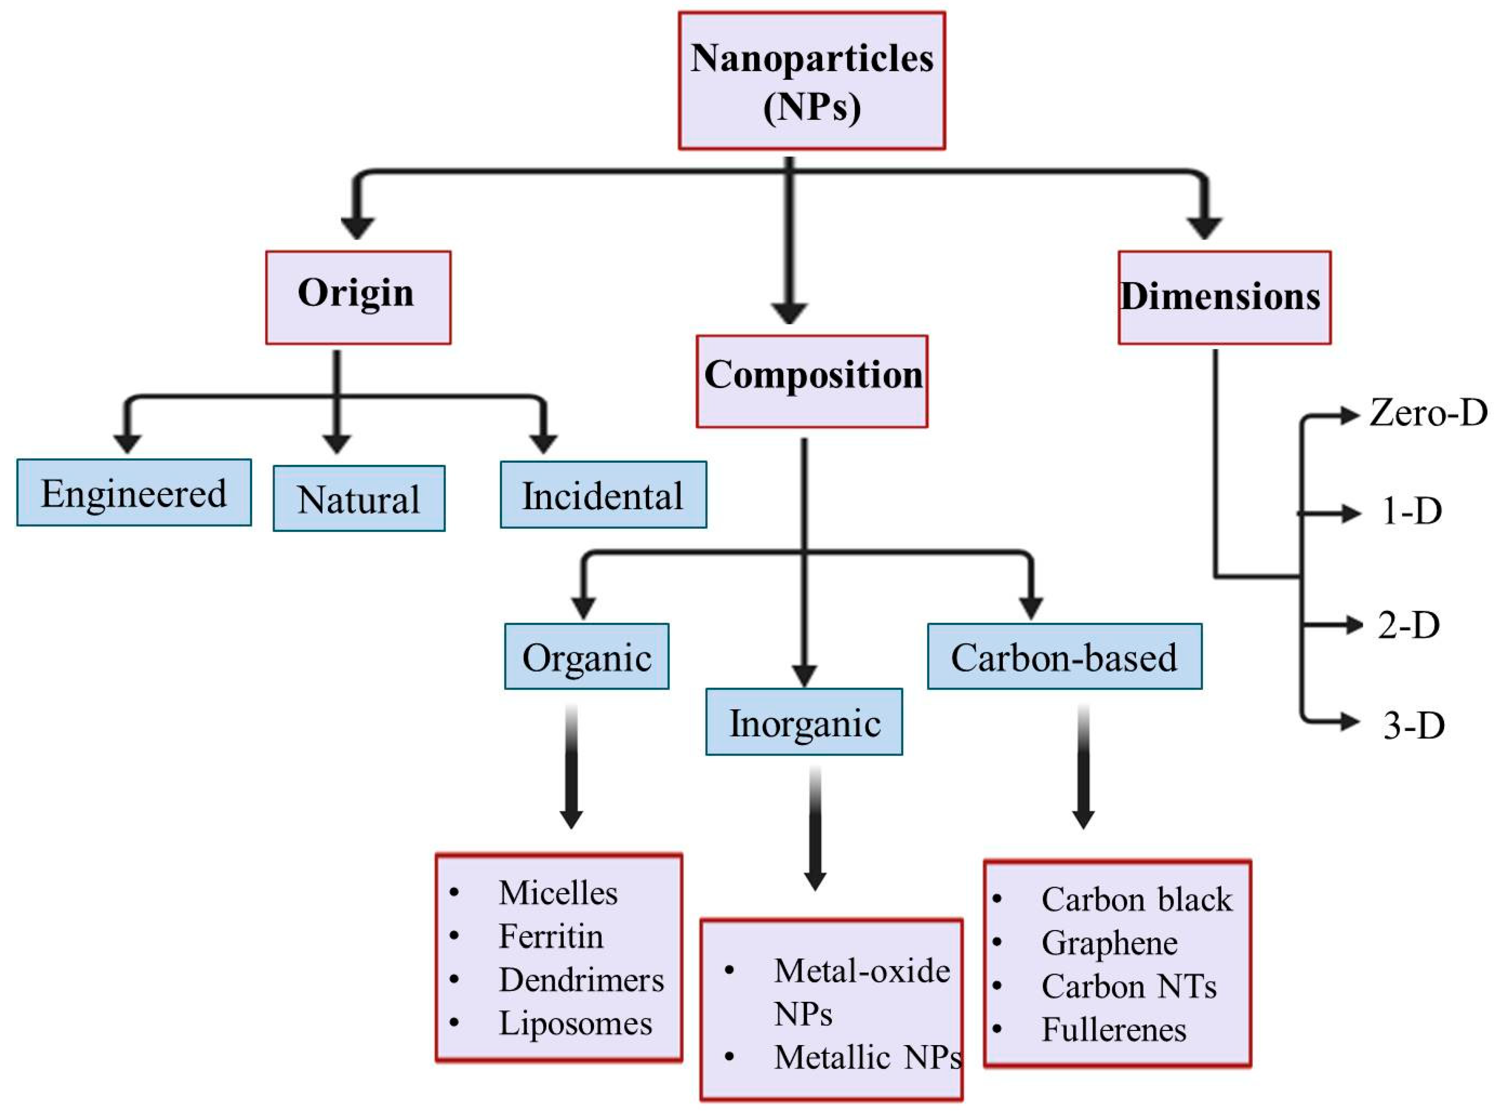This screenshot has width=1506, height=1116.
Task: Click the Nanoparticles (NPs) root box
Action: click(811, 80)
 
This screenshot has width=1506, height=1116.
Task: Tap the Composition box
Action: click(811, 381)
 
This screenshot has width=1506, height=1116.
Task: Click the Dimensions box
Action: click(1223, 297)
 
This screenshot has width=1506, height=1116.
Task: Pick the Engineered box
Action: click(134, 492)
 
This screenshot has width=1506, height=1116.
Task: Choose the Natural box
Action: click(359, 499)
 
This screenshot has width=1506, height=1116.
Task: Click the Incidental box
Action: click(603, 494)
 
